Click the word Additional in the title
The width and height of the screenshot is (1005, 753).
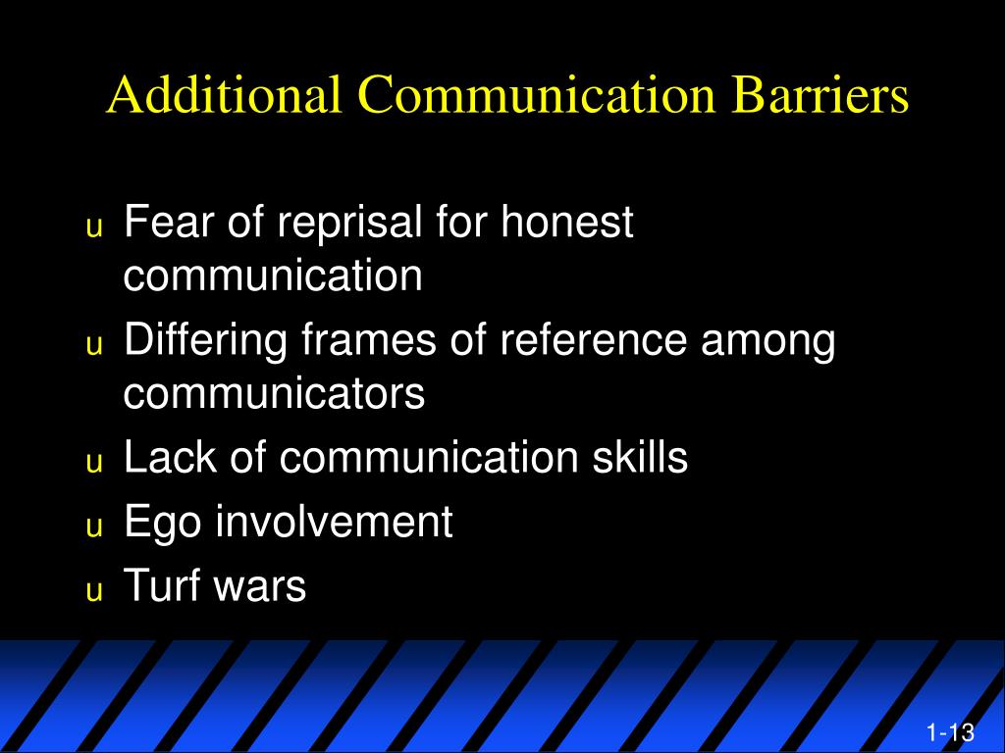[225, 95]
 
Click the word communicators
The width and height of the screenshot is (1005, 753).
[274, 393]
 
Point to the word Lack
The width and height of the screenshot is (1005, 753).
[169, 458]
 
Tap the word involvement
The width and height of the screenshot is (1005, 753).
[334, 522]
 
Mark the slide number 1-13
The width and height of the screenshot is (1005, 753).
[949, 732]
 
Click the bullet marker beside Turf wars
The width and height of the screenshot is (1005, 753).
[94, 591]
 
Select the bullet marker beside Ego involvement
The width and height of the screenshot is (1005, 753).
[94, 527]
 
